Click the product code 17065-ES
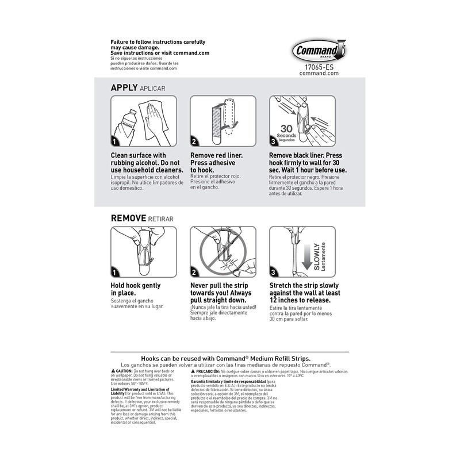point(319,67)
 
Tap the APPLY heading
point(124,88)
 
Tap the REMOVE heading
point(131,218)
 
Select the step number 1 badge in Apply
point(116,141)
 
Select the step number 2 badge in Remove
point(195,272)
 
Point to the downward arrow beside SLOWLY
point(306,257)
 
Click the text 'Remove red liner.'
point(216,155)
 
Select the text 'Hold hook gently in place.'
point(136,289)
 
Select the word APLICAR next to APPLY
point(152,89)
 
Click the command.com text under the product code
point(319,74)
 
